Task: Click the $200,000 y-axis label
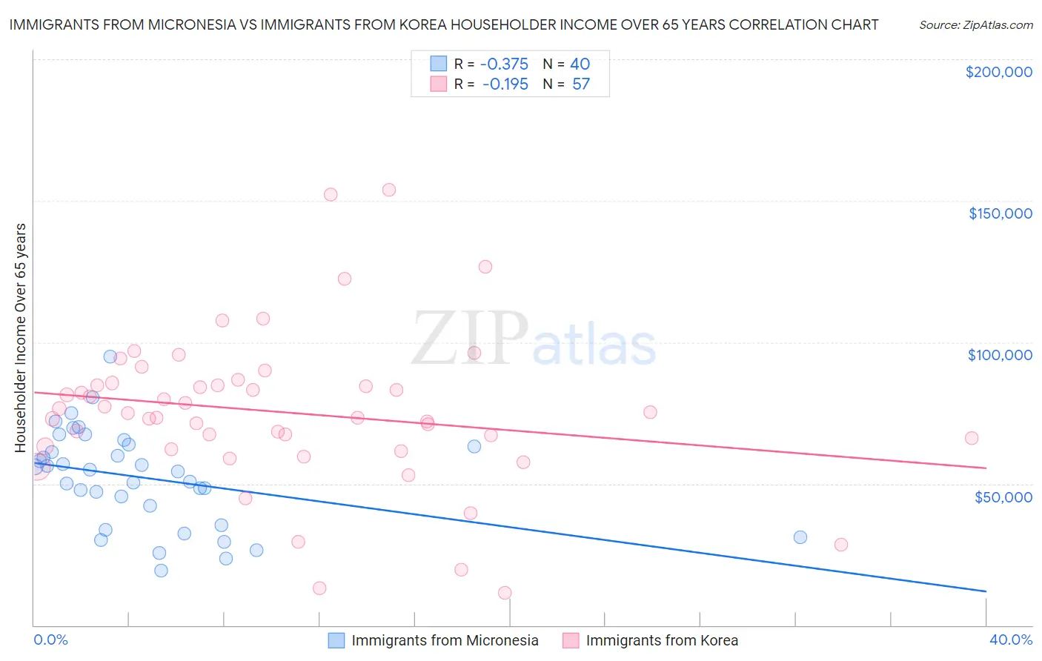[998, 72]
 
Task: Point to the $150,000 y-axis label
[1000, 213]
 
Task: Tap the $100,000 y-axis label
[1000, 355]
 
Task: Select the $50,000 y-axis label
[1003, 496]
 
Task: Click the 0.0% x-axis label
[50, 640]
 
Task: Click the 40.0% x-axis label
[1010, 640]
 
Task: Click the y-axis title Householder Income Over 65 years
[21, 337]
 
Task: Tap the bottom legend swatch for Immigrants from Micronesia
[336, 640]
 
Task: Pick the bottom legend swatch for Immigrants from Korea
[571, 640]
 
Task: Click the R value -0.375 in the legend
[504, 64]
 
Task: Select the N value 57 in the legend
[581, 84]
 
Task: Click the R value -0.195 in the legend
[505, 84]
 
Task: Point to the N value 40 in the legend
[580, 64]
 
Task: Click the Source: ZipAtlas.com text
[975, 25]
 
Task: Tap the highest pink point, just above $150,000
[389, 190]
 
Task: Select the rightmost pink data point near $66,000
[972, 438]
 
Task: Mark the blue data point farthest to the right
[800, 537]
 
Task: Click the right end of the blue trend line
[986, 591]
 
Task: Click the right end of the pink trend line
[986, 468]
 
